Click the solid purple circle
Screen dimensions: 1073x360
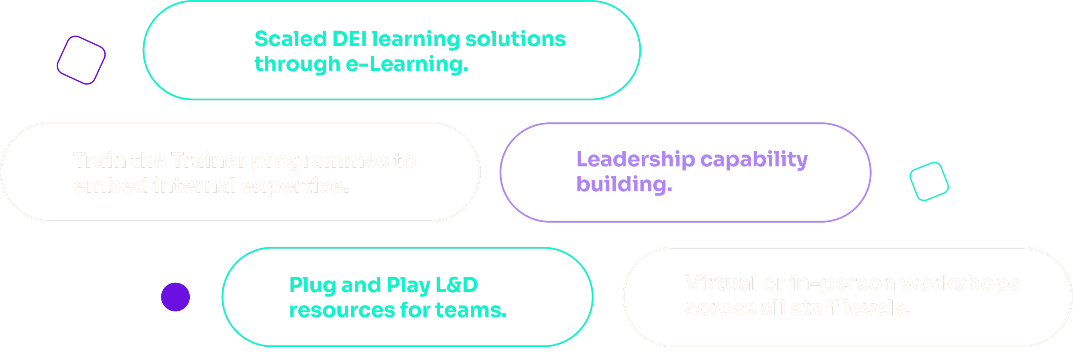click(175, 296)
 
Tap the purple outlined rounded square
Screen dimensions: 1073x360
click(81, 60)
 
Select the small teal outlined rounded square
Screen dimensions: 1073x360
click(929, 181)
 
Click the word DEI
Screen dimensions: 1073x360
click(349, 39)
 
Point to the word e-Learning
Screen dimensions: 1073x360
click(406, 64)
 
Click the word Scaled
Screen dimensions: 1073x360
click(291, 39)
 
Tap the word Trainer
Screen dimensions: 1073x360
click(209, 161)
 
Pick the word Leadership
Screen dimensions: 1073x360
click(635, 160)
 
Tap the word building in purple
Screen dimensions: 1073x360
click(624, 185)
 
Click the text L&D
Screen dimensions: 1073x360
click(457, 285)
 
